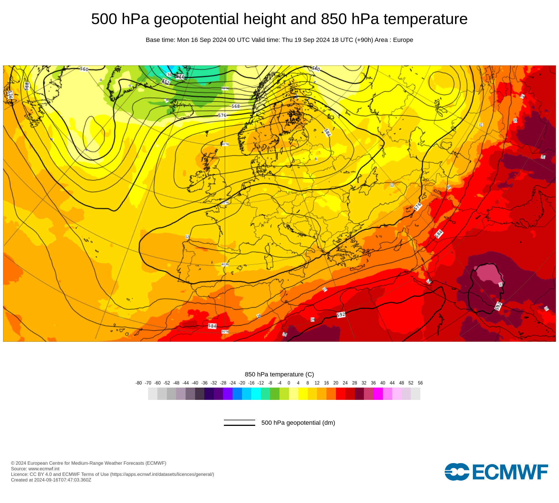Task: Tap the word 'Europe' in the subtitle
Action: [403, 40]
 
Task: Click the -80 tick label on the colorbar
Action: [139, 383]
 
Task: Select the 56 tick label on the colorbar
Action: [420, 383]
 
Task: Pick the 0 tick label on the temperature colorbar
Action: [289, 383]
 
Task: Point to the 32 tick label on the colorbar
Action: [364, 383]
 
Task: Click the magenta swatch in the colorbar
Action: [378, 394]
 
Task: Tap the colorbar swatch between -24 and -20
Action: [237, 394]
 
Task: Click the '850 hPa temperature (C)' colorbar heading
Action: [279, 374]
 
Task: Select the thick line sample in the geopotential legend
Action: [240, 425]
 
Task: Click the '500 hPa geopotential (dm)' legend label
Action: [298, 423]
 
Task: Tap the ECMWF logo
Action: [496, 472]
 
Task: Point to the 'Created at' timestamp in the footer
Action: [51, 480]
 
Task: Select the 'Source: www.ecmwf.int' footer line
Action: [35, 469]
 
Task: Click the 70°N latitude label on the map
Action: [225, 89]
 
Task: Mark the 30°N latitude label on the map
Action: [225, 332]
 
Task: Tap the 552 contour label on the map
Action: [166, 82]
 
